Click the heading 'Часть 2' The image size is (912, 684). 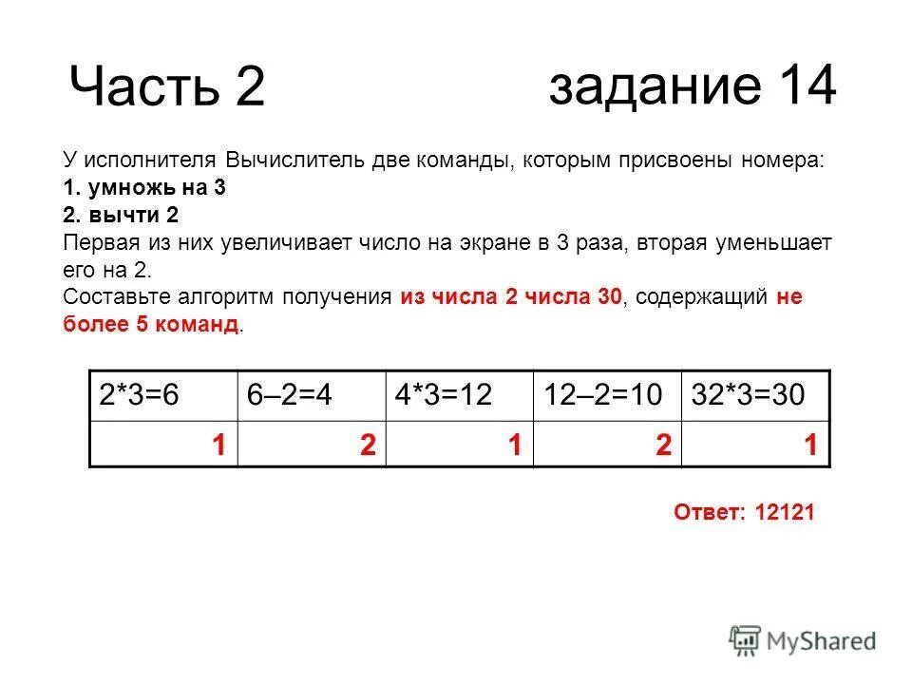click(x=166, y=88)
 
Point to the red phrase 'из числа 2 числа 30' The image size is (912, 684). click(x=511, y=297)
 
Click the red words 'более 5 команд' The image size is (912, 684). click(x=151, y=325)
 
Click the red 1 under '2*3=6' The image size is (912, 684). click(x=218, y=445)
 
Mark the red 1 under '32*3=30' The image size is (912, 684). click(x=809, y=445)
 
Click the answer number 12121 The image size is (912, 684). click(x=786, y=513)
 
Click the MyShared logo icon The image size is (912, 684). click(x=747, y=641)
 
